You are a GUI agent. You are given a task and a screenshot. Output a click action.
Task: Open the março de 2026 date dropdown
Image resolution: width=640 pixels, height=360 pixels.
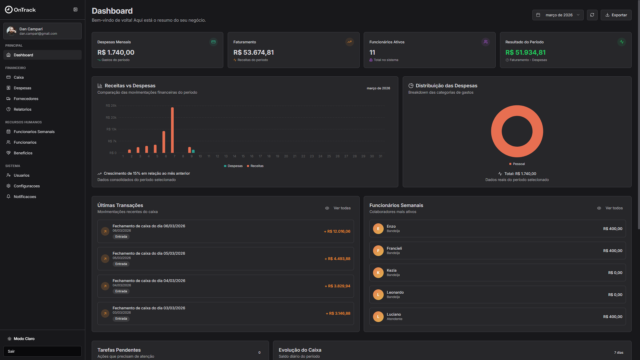[558, 15]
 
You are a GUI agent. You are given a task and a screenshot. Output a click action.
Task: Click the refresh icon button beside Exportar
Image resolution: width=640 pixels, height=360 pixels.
[592, 15]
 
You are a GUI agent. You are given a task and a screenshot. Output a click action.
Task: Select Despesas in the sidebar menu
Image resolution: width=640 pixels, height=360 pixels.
[22, 88]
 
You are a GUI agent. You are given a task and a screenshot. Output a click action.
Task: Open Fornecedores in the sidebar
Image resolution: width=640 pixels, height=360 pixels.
[26, 99]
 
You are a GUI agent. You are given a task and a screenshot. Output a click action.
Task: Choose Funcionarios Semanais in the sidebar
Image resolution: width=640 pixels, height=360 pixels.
[34, 132]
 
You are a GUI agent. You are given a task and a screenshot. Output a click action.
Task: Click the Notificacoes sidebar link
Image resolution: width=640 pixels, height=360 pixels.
[25, 197]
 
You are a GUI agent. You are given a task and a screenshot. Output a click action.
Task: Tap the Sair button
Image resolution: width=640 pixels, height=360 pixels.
[42, 351]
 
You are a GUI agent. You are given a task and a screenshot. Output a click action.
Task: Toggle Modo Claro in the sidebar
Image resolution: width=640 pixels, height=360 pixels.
[24, 339]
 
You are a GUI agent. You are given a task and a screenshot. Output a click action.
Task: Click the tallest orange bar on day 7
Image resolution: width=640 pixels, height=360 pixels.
[172, 130]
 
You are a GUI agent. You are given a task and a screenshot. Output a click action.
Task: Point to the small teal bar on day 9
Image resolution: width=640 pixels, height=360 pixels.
[193, 151]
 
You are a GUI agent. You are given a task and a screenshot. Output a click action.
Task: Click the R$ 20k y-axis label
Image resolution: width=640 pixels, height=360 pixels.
[111, 118]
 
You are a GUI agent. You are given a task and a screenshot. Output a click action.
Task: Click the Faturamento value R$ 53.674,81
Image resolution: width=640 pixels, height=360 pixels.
[253, 52]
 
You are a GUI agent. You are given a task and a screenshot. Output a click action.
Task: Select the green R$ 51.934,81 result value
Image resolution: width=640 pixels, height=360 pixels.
[525, 52]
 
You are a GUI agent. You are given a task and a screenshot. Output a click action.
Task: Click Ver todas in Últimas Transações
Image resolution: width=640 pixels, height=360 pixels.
[342, 208]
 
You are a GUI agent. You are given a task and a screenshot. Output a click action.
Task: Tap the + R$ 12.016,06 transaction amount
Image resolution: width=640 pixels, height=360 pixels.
[337, 231]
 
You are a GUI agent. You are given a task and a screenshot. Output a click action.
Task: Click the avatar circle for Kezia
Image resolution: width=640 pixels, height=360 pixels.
[378, 273]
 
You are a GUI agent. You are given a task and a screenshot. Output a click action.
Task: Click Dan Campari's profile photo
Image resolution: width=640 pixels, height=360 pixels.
[11, 31]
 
